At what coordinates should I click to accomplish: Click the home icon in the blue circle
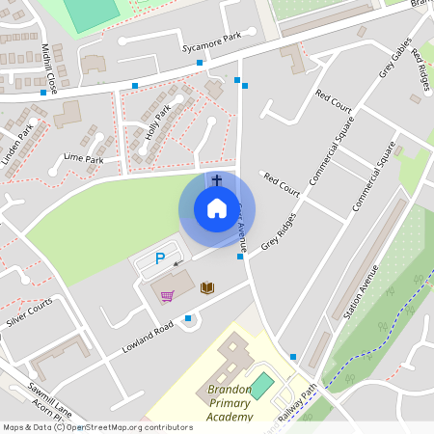(217, 208)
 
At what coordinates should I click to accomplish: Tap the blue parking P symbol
(161, 258)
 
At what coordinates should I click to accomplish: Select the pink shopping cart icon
(167, 295)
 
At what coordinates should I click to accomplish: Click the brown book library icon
(206, 287)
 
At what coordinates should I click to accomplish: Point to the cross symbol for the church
(217, 179)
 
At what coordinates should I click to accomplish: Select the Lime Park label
(83, 158)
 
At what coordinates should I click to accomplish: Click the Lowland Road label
(147, 339)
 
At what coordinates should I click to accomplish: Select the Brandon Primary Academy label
(216, 403)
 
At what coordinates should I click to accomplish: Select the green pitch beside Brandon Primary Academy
(262, 384)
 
